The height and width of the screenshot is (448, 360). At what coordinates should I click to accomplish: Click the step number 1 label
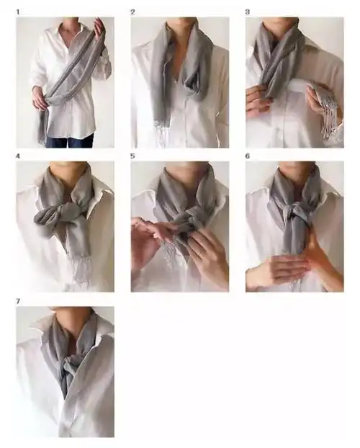pyautogui.click(x=18, y=12)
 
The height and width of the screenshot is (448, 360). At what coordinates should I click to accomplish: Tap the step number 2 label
pyautogui.click(x=132, y=12)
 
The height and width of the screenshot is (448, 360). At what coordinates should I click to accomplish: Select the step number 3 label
pyautogui.click(x=248, y=12)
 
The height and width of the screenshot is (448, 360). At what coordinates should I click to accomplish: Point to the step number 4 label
pyautogui.click(x=18, y=156)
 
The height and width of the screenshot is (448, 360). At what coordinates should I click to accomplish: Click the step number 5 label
pyautogui.click(x=132, y=156)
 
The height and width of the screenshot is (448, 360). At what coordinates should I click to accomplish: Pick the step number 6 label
pyautogui.click(x=248, y=156)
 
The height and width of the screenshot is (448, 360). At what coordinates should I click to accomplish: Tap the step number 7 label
pyautogui.click(x=18, y=302)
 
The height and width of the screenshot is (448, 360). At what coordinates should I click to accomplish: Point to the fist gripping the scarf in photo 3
pyautogui.click(x=258, y=100)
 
